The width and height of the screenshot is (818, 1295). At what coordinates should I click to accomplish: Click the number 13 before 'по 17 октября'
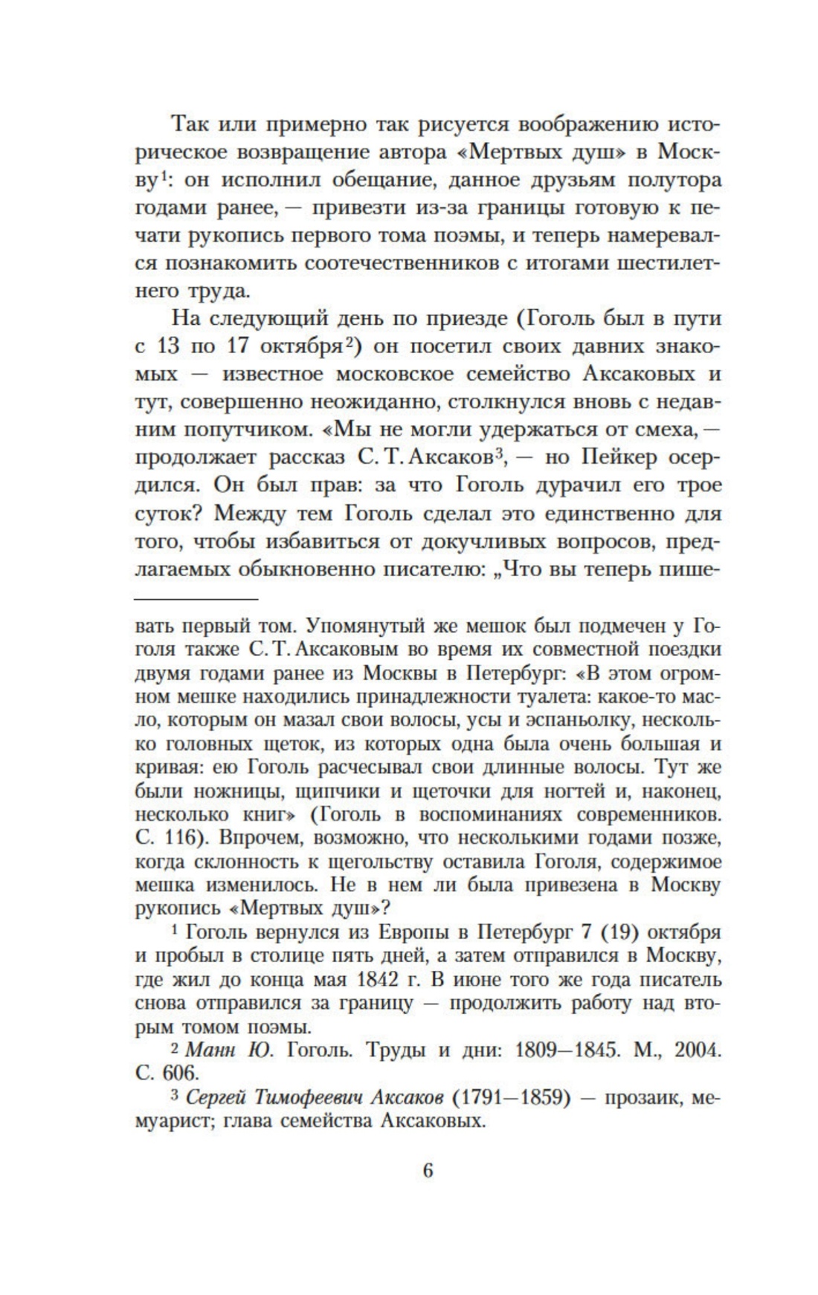pos(173,346)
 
